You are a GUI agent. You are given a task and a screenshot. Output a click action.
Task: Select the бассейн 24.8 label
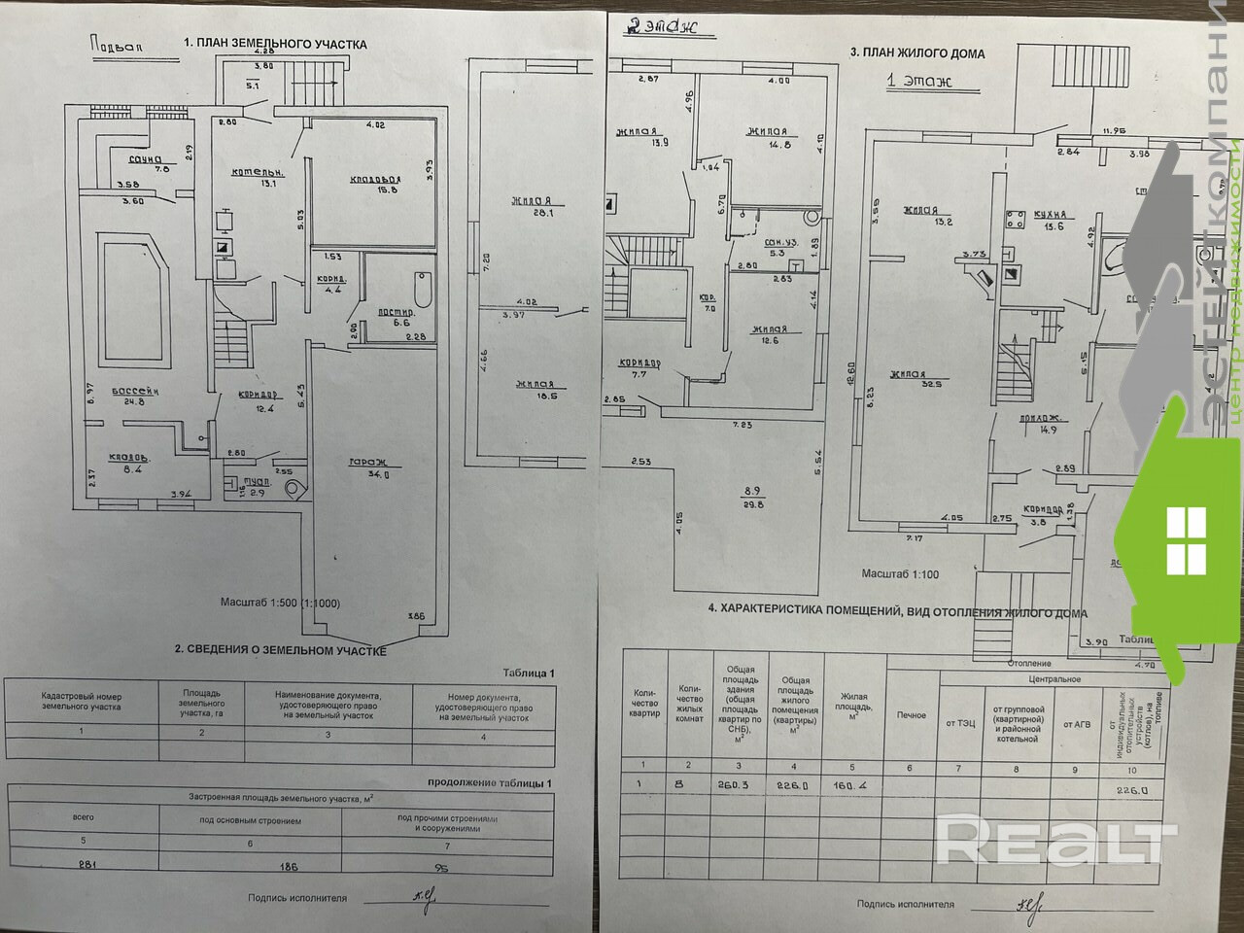[135, 395]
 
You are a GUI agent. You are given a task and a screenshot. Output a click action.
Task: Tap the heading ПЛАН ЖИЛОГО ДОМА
[917, 53]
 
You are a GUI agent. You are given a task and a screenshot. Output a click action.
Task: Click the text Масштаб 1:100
[899, 574]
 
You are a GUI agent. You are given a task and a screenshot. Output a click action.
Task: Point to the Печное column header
[912, 715]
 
